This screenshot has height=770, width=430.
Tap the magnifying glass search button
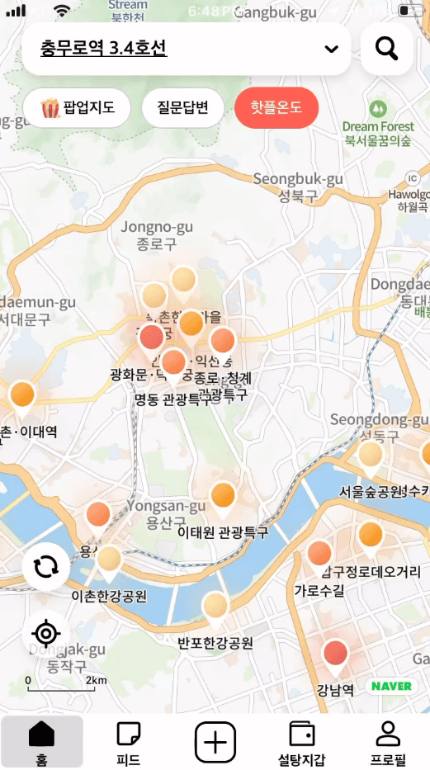[x=386, y=49]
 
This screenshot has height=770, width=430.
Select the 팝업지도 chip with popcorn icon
[x=78, y=107]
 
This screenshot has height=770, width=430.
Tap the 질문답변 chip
[x=182, y=107]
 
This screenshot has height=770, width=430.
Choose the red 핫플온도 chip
[x=276, y=107]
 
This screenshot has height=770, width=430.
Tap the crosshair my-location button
[x=45, y=634]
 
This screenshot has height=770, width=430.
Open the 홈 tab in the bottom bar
[x=41, y=742]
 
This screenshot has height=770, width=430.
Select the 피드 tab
[x=128, y=742]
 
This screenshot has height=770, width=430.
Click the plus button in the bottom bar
[x=215, y=740]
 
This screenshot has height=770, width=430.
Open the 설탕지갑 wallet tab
[x=301, y=742]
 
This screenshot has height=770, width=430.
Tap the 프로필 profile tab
[x=388, y=742]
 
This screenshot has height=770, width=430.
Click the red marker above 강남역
[x=335, y=654]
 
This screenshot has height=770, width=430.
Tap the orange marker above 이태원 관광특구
[x=224, y=497]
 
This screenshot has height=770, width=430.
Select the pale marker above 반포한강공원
[x=215, y=607]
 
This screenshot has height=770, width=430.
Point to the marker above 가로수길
[x=319, y=555]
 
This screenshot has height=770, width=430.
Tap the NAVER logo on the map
[x=391, y=686]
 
